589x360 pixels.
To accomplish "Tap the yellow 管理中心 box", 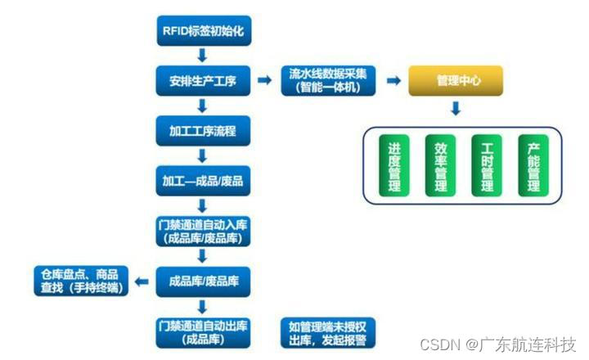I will tap(456, 80).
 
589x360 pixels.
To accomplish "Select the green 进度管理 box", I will tap(394, 168).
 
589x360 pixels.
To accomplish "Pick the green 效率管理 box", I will tap(440, 168).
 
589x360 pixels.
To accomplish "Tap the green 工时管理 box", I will tap(487, 168).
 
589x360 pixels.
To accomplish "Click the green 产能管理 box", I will tap(533, 168).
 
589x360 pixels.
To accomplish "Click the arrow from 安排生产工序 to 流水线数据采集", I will tap(263, 80).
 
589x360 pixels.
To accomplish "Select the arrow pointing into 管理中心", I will tap(393, 80).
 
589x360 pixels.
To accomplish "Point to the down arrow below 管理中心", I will tap(456, 109).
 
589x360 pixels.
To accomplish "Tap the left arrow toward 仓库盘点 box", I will tap(142, 281).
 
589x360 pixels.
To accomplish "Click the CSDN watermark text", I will tap(498, 344).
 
